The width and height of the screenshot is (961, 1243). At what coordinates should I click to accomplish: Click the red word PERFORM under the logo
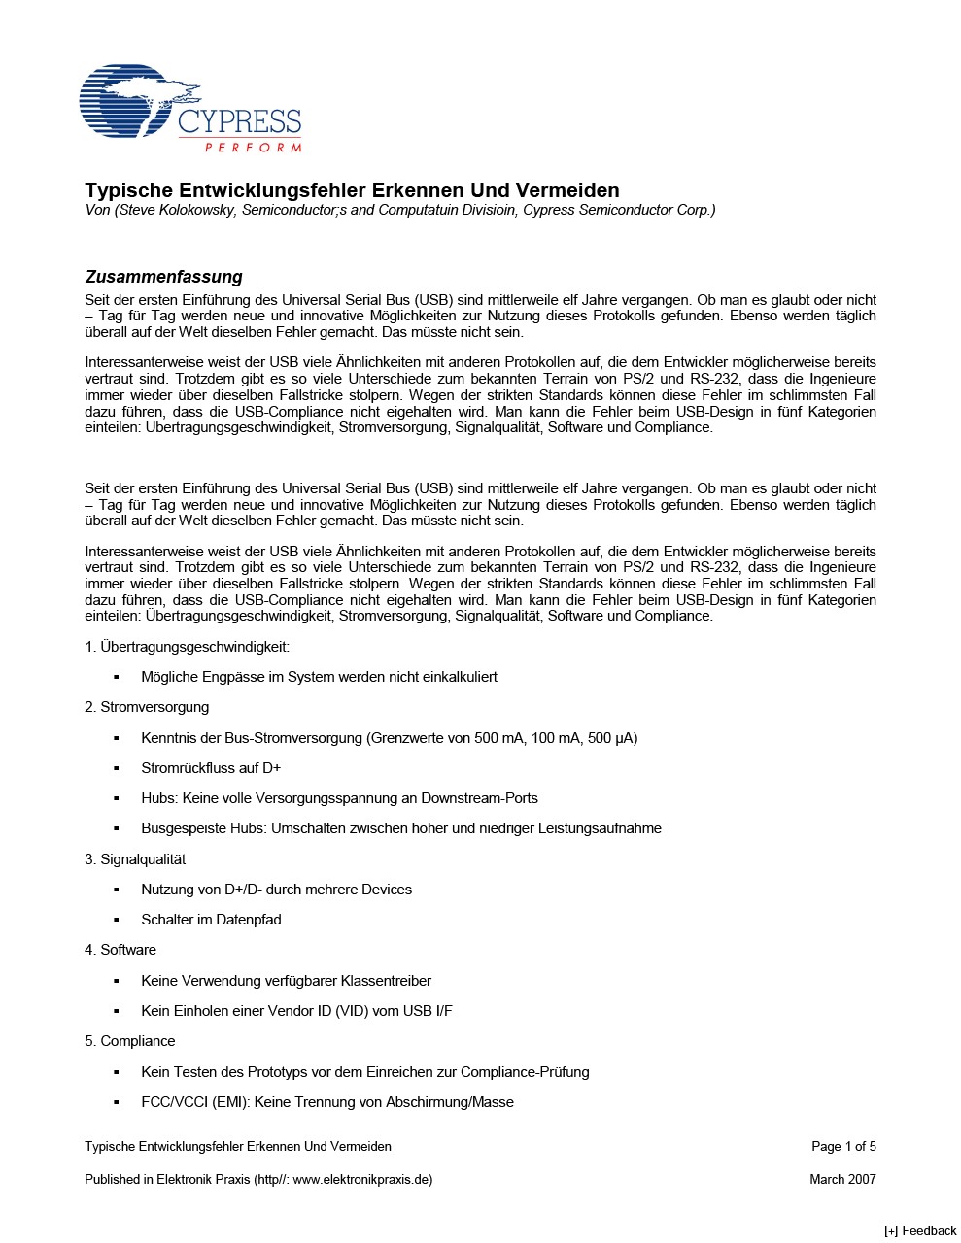[x=253, y=148]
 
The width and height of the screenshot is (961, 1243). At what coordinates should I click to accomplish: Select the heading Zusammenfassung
[x=163, y=277]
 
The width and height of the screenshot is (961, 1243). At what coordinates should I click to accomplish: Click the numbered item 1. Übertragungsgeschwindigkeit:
[x=187, y=647]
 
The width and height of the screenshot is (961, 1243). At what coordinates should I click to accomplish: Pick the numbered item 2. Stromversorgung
[x=147, y=707]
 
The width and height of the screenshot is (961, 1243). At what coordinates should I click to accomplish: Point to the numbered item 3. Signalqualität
[x=135, y=859]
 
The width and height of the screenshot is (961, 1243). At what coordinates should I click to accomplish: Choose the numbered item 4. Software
[x=120, y=950]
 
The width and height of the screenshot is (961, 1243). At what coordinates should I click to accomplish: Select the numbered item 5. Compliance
[x=130, y=1041]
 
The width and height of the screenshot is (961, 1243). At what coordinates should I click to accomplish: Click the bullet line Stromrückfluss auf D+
[x=211, y=768]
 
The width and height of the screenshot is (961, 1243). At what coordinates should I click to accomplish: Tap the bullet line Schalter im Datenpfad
[x=211, y=920]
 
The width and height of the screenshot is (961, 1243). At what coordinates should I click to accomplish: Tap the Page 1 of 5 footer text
[x=843, y=1147]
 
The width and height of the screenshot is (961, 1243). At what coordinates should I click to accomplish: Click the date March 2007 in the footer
[x=842, y=1180]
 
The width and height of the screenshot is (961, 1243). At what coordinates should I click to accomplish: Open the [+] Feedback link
[x=919, y=1231]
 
